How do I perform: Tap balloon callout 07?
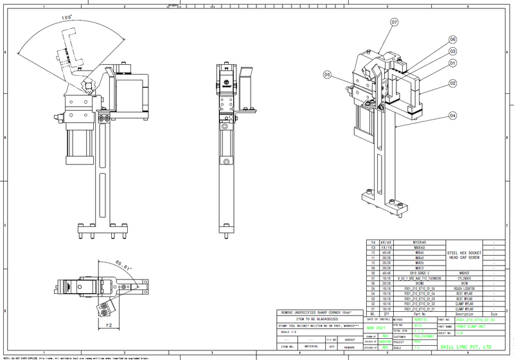tap(394, 21)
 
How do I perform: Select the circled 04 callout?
tap(453, 115)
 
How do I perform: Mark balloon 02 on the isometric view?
tap(453, 83)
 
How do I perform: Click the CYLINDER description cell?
tap(464, 278)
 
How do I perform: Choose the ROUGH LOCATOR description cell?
tap(464, 289)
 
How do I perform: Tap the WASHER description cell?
tap(464, 273)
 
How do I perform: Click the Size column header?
tap(493, 314)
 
